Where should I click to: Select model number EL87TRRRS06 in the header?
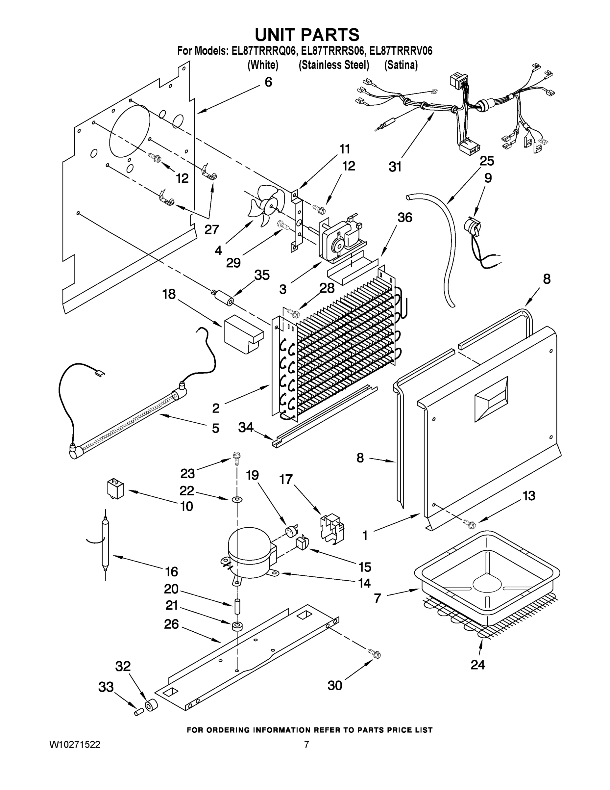[332, 51]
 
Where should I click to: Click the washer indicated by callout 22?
[237, 500]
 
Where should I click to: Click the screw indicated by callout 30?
[375, 653]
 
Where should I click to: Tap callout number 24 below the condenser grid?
[477, 665]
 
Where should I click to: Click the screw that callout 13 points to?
[471, 523]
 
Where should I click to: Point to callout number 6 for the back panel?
[268, 82]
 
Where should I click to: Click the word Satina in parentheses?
[401, 65]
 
